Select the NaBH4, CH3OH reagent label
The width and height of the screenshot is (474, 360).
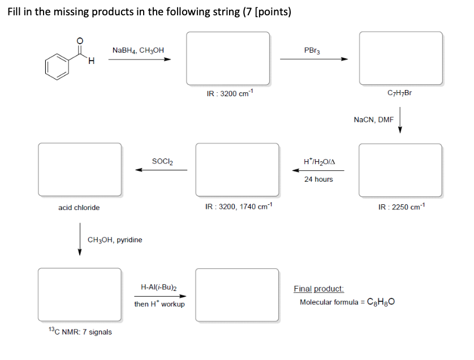pos(139,50)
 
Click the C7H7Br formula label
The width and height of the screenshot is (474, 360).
pos(399,93)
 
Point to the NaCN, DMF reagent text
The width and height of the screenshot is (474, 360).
pos(373,119)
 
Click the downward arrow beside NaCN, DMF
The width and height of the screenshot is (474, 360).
pos(400,122)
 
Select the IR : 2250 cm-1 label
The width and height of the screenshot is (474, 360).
pos(401,207)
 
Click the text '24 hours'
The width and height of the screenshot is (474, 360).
pos(318,179)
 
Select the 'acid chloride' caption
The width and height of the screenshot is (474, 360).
pos(79,208)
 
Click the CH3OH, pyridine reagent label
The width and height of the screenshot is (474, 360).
pos(115,240)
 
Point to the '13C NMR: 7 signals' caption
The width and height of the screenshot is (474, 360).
pos(80,332)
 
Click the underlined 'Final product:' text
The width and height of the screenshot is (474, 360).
pos(318,289)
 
